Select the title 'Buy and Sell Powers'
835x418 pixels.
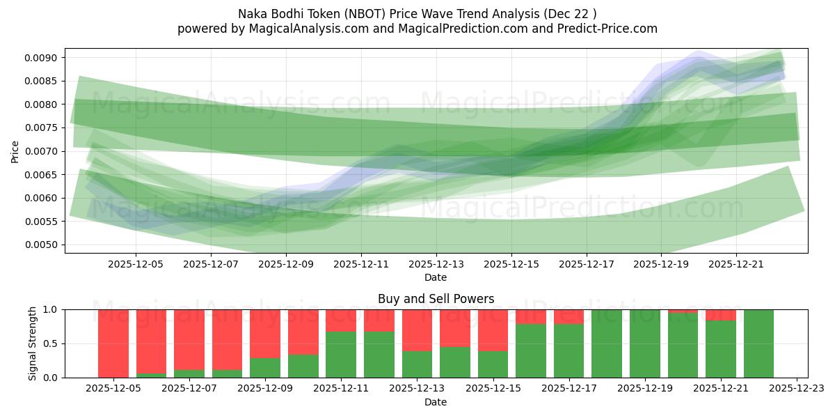point(436,299)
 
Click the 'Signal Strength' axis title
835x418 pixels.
point(33,343)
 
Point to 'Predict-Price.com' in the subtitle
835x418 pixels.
point(610,29)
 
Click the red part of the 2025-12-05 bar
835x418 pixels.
point(113,341)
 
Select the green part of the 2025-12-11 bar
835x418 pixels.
point(340,355)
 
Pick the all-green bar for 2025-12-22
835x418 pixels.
point(758,343)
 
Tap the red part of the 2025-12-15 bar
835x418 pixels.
point(492,330)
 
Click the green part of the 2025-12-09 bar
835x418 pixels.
point(264,368)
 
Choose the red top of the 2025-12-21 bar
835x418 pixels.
point(720,315)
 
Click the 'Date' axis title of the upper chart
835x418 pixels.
point(436,277)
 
